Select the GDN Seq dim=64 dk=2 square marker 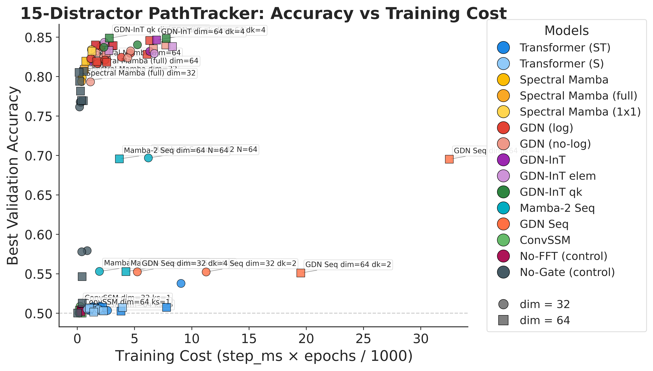301,273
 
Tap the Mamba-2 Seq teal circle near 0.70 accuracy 148,158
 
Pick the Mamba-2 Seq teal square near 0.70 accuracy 119,159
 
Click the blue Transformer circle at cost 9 181,283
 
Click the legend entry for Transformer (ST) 565,48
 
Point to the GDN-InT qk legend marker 503,192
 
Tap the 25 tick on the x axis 363,339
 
